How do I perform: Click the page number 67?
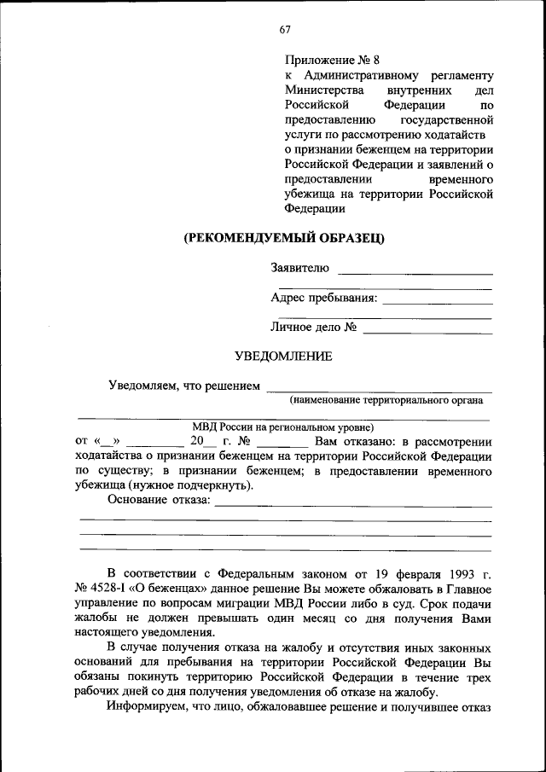click(x=285, y=30)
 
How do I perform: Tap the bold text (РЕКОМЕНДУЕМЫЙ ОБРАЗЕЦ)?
click(x=285, y=238)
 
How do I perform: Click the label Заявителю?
click(x=299, y=268)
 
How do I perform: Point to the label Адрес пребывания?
click(x=323, y=298)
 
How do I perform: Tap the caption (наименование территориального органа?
click(x=386, y=399)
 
